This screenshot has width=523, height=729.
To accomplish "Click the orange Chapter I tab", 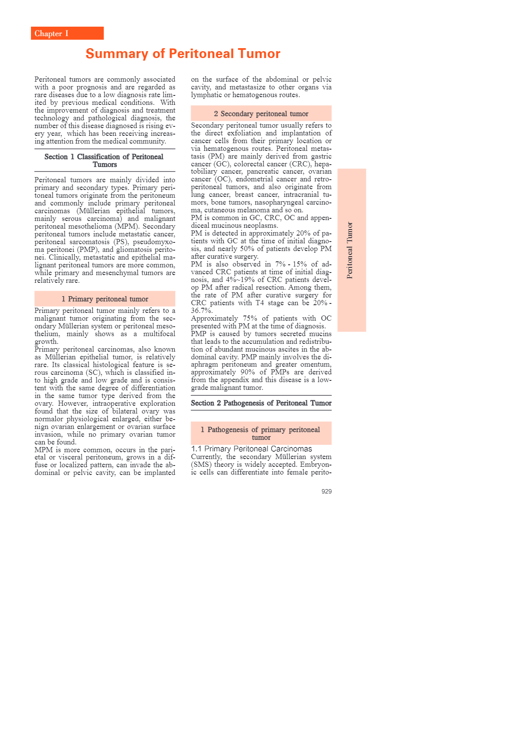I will coord(67,34).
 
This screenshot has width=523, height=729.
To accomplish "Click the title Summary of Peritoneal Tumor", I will coord(183,54).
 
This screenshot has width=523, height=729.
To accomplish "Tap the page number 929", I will coord(326,491).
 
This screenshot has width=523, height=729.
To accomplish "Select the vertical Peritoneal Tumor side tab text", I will coord(350,250).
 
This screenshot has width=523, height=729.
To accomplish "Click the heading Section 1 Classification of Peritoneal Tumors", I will coord(104,160).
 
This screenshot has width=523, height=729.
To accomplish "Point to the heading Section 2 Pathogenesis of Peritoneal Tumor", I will coord(261,403).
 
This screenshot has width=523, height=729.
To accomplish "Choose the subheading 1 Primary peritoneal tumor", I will coord(105,299).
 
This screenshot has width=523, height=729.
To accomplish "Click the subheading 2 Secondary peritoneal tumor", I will coord(261,113).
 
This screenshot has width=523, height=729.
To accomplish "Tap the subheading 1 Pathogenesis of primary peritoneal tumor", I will coord(261,433).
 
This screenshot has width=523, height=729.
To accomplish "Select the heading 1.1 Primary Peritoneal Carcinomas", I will coord(252,449).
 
